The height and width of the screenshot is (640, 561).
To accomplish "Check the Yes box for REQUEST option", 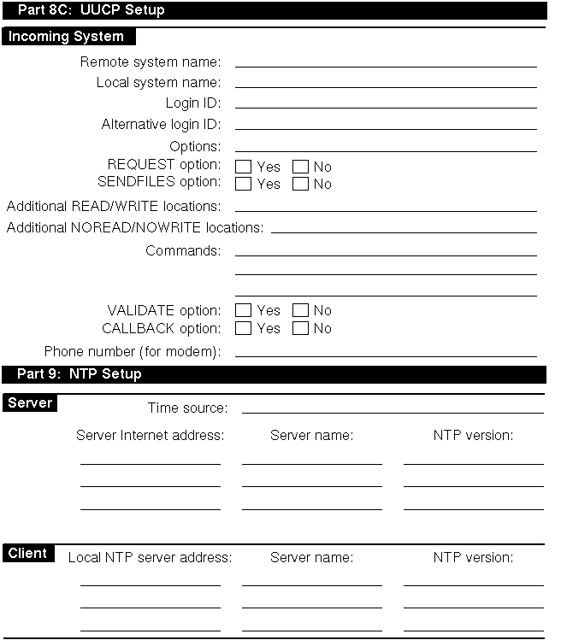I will click(243, 167).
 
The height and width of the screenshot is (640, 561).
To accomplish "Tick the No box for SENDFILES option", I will click(300, 184).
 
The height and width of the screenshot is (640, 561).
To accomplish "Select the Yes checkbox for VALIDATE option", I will click(243, 310).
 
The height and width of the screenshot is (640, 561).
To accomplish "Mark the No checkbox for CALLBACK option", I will click(300, 328).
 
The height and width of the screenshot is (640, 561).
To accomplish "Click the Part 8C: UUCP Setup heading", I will click(91, 10).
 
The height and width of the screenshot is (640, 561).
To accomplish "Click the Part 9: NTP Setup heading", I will click(80, 374).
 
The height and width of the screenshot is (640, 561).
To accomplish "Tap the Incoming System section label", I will click(66, 37).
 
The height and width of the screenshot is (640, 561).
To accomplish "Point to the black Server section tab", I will click(30, 403).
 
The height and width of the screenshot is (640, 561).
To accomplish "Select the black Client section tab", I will click(28, 554).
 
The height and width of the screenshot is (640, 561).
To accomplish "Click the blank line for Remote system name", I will click(385, 65).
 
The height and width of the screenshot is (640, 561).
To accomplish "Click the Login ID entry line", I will click(385, 107).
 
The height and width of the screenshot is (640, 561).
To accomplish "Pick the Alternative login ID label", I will click(161, 125).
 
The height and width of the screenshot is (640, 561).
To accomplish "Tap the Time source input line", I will click(392, 411).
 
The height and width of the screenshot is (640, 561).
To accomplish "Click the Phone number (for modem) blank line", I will click(385, 355).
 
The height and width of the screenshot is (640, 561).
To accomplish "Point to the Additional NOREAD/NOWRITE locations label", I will click(135, 228).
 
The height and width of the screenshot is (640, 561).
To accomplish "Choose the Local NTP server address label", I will click(150, 558).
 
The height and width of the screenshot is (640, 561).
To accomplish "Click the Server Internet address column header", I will click(150, 436).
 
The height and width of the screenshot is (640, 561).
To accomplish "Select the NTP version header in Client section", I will click(473, 558).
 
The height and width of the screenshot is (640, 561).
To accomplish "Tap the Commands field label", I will click(183, 251).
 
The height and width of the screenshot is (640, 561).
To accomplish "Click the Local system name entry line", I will click(385, 86).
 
